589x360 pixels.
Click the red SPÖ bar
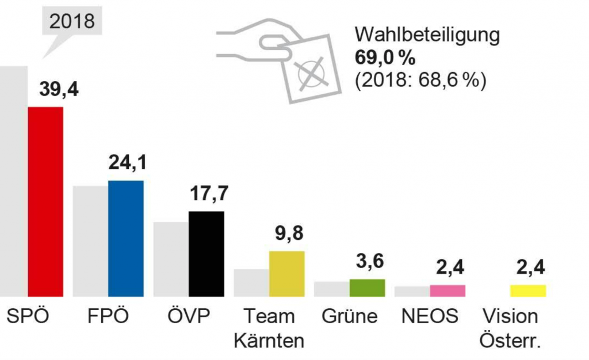pos(45,201)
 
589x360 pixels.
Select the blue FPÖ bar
pos(125,238)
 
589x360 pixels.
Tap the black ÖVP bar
pos(206,254)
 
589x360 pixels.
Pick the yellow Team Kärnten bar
pos(286,274)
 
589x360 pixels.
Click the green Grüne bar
pos(367,288)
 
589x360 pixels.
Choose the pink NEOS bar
pos(448,290)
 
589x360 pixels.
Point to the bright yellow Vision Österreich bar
pos(528,290)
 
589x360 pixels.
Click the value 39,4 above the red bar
pos(58,90)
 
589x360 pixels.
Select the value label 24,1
pos(127,162)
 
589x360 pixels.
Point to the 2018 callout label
pos(72,21)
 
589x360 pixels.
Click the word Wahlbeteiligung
pos(427,35)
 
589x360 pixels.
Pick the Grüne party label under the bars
pos(350,316)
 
